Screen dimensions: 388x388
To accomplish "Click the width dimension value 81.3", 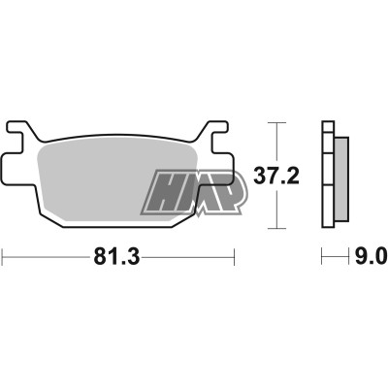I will pos(117,258).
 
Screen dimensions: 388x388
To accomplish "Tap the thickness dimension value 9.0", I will pos(369,258).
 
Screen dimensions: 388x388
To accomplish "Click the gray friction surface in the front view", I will pos(107,179).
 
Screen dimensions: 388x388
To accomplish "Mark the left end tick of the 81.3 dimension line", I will pos(3,257).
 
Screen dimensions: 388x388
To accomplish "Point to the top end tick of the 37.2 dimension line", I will pos(278,123).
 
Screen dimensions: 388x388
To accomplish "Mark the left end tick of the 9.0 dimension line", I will pos(323,257).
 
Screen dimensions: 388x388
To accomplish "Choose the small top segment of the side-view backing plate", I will pos(328,126).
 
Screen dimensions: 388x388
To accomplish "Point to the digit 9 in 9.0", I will pos(358,258).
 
